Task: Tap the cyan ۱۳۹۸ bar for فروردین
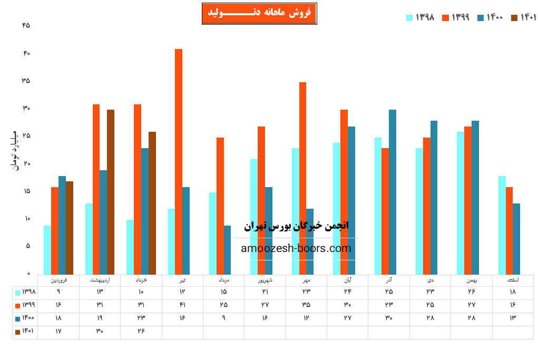click(47, 250)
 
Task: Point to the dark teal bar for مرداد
click(227, 250)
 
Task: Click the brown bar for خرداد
click(152, 203)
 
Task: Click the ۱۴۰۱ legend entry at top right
click(524, 17)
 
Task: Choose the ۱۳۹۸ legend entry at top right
click(420, 17)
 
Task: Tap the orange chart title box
click(259, 13)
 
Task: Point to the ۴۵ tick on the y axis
click(26, 26)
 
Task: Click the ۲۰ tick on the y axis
click(26, 163)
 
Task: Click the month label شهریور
click(265, 280)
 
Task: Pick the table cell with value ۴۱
click(182, 305)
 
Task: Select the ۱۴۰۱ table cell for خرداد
click(141, 332)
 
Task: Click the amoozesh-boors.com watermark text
click(296, 248)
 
